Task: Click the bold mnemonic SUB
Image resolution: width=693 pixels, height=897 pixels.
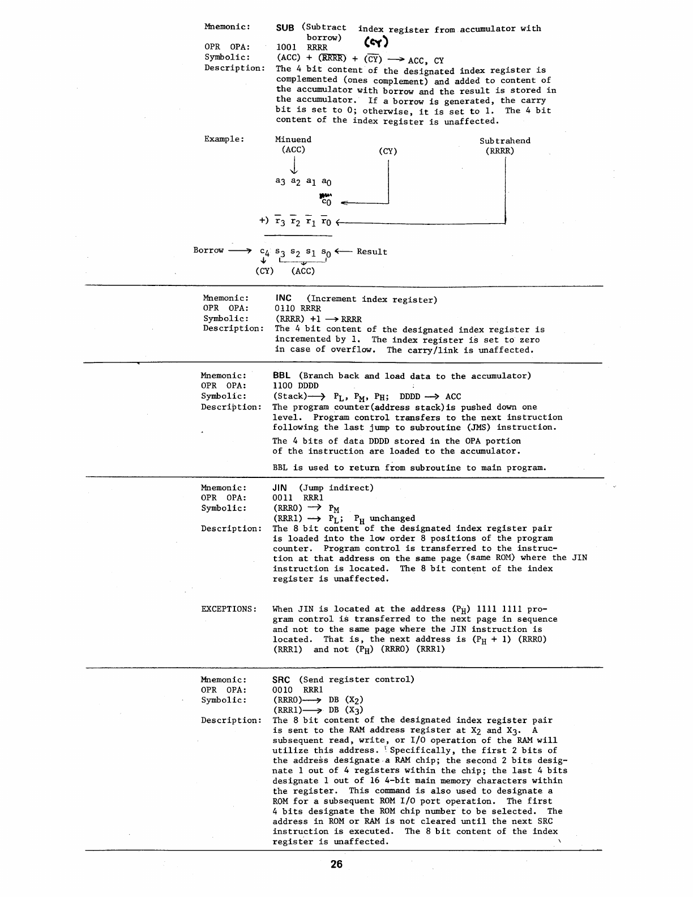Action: pyautogui.click(x=285, y=27)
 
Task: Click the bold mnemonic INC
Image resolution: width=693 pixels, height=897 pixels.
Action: pyautogui.click(x=283, y=298)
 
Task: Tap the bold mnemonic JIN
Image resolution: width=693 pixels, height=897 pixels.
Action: pyautogui.click(x=280, y=488)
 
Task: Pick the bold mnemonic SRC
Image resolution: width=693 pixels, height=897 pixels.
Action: pyautogui.click(x=281, y=680)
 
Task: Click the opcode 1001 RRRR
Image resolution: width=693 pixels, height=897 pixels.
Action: pyautogui.click(x=301, y=47)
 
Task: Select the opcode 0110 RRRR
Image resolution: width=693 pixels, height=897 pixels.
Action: pyautogui.click(x=297, y=309)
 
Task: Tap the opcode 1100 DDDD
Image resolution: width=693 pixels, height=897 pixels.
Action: pyautogui.click(x=296, y=386)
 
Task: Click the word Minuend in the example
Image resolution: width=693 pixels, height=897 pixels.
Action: pyautogui.click(x=293, y=139)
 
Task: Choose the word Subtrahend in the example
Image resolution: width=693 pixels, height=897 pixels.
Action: pyautogui.click(x=504, y=140)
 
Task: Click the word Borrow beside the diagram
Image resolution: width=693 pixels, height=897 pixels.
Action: pyautogui.click(x=208, y=250)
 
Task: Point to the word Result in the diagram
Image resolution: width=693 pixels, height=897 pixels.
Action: pyautogui.click(x=371, y=251)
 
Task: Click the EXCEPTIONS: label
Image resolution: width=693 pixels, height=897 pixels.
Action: pyautogui.click(x=229, y=609)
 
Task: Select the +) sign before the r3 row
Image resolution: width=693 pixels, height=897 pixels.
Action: pyautogui.click(x=264, y=220)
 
